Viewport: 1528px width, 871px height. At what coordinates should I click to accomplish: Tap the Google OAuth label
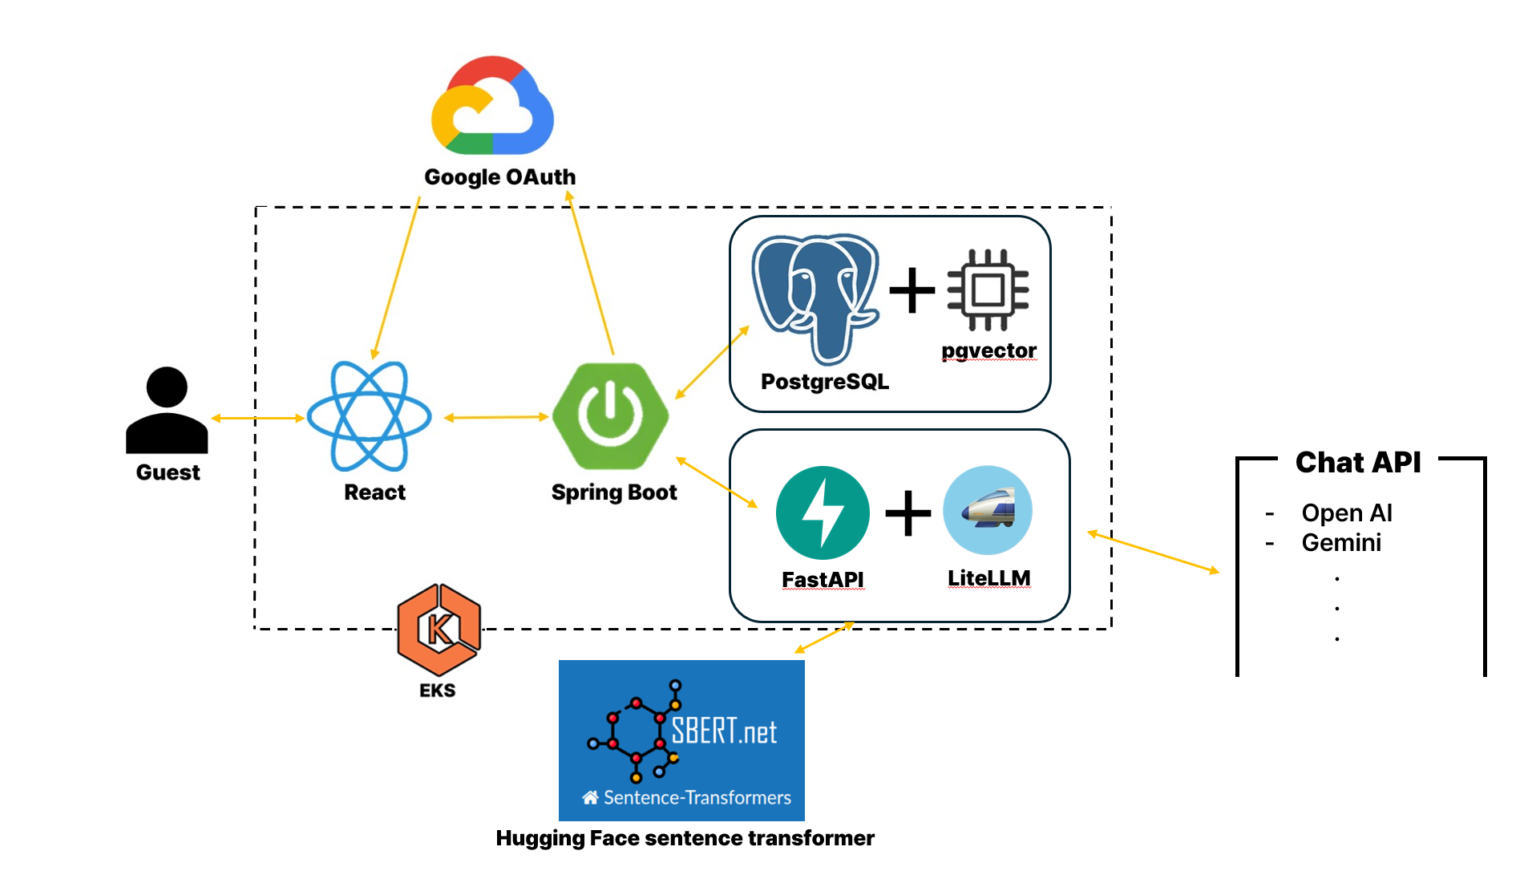click(x=499, y=176)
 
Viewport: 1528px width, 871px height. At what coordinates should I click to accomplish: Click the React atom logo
click(x=370, y=415)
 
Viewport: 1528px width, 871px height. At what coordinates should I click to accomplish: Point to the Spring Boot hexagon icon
click(x=611, y=415)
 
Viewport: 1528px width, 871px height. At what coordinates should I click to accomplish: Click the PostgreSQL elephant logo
click(x=815, y=297)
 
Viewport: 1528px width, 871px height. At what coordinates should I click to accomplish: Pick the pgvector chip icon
click(x=988, y=290)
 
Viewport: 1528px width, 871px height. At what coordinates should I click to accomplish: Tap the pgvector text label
click(x=988, y=350)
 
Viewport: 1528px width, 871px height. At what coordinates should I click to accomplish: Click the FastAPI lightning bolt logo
click(x=823, y=512)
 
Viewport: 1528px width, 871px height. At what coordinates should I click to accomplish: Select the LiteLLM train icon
click(x=988, y=510)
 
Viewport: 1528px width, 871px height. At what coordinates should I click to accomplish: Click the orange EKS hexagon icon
click(x=439, y=630)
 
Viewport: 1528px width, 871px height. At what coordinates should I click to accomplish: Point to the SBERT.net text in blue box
click(x=724, y=731)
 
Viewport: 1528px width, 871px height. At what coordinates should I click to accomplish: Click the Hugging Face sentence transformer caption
click(x=685, y=838)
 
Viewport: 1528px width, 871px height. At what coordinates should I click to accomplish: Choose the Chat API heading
click(x=1358, y=462)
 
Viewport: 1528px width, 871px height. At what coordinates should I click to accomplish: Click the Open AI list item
click(x=1347, y=512)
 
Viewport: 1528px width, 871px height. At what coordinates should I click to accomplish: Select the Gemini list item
click(x=1341, y=543)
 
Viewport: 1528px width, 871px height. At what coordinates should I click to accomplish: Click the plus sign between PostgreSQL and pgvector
click(x=912, y=290)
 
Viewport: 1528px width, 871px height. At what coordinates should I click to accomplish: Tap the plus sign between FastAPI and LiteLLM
click(x=908, y=512)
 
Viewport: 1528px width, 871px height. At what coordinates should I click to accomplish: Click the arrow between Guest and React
click(x=257, y=418)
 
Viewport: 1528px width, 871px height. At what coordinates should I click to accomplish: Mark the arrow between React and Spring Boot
click(x=496, y=417)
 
